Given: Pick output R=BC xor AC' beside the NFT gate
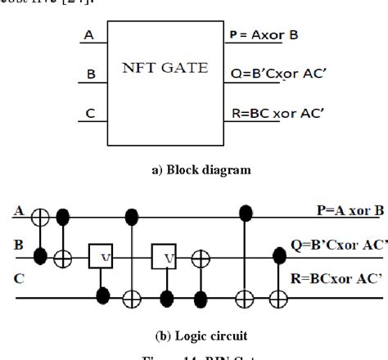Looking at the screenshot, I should pyautogui.click(x=279, y=114).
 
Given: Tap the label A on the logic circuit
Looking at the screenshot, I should pyautogui.click(x=16, y=211).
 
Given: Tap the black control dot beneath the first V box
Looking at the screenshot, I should pyautogui.click(x=103, y=291).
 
